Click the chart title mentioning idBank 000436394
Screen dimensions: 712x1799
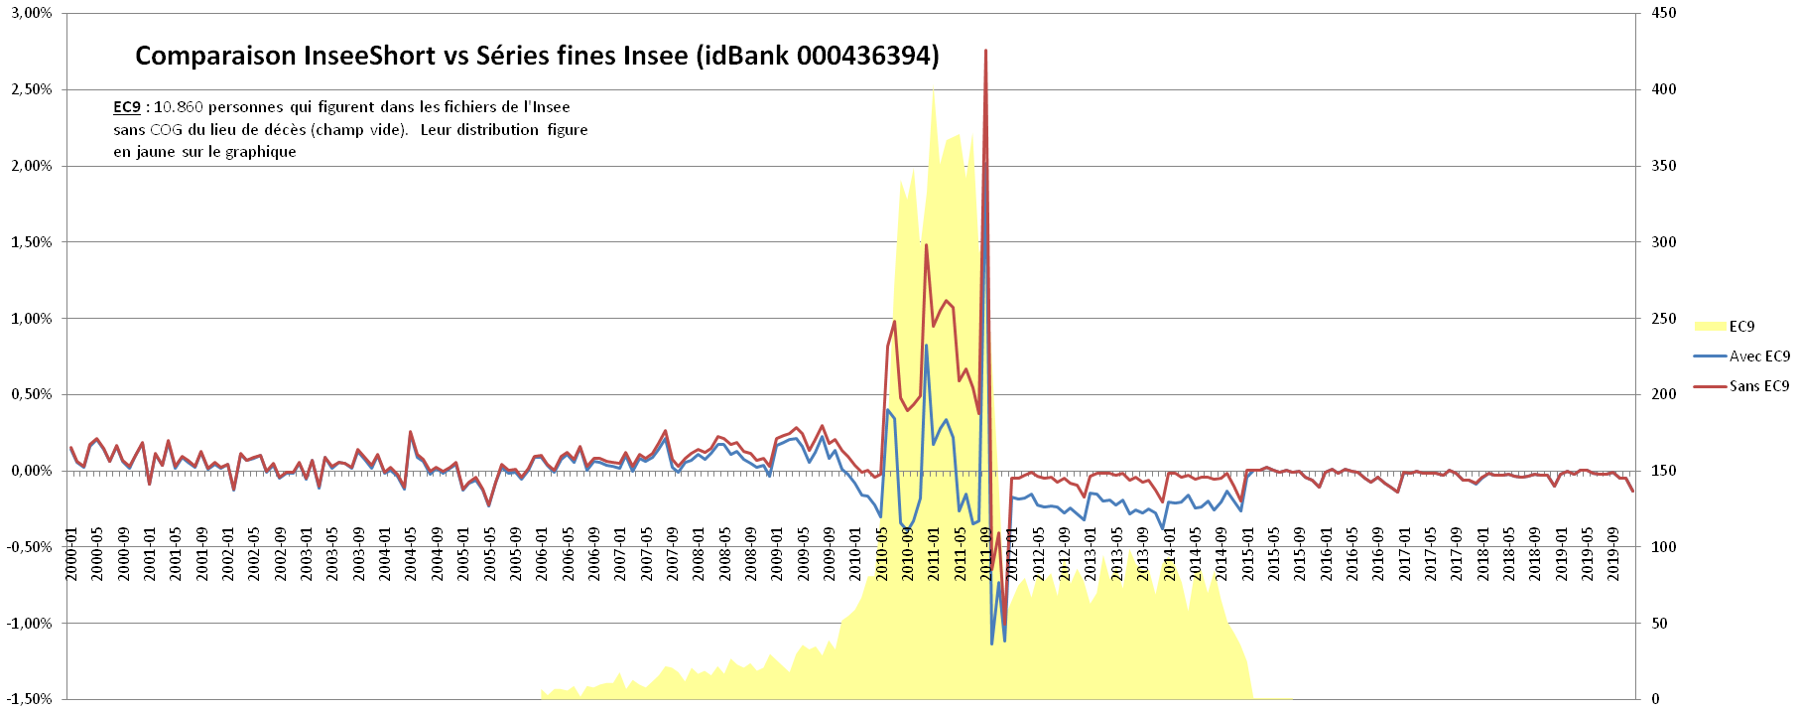pyautogui.click(x=537, y=56)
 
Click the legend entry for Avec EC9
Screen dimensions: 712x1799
pyautogui.click(x=1759, y=356)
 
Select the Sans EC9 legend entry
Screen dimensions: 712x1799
pyautogui.click(x=1759, y=386)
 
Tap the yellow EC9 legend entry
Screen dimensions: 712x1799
pyautogui.click(x=1741, y=327)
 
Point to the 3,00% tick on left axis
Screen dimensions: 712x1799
pyautogui.click(x=32, y=13)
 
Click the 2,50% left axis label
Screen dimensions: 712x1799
pyautogui.click(x=32, y=89)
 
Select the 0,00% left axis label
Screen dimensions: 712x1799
pyautogui.click(x=32, y=471)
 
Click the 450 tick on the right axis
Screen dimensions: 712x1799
pyautogui.click(x=1664, y=13)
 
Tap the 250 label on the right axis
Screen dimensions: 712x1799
pyautogui.click(x=1664, y=319)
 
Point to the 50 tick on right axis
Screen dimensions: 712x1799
pyautogui.click(x=1660, y=624)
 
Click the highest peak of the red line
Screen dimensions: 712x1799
pyautogui.click(x=985, y=51)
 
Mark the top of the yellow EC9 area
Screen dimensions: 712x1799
pyautogui.click(x=933, y=89)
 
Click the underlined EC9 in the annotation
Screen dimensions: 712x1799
pyautogui.click(x=127, y=107)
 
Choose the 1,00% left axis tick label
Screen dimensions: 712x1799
pyautogui.click(x=32, y=319)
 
